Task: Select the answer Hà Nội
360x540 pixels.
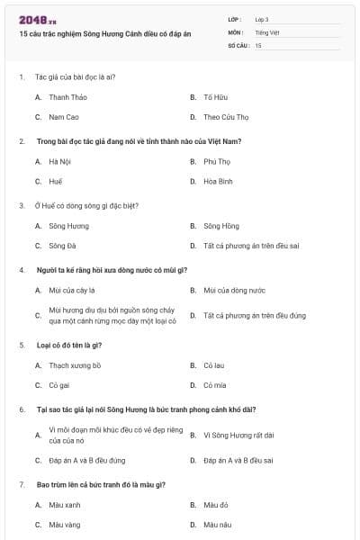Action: coord(59,161)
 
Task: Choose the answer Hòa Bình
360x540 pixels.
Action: coord(218,181)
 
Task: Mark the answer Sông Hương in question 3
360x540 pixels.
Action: coord(68,225)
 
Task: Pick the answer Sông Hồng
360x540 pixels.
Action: coord(221,225)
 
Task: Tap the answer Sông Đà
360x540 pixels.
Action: coord(63,245)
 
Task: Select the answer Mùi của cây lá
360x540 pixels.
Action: coord(72,290)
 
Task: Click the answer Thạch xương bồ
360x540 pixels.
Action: coord(75,365)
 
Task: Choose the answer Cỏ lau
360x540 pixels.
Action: coord(213,365)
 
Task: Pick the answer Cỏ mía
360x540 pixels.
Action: coord(214,385)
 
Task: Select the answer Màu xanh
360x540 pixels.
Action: coord(65,505)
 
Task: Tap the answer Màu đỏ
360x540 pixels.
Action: coord(216,505)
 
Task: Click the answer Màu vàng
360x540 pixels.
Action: coord(65,524)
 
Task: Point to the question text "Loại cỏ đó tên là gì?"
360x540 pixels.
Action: coord(68,345)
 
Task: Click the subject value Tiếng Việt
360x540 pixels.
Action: coord(267,31)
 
